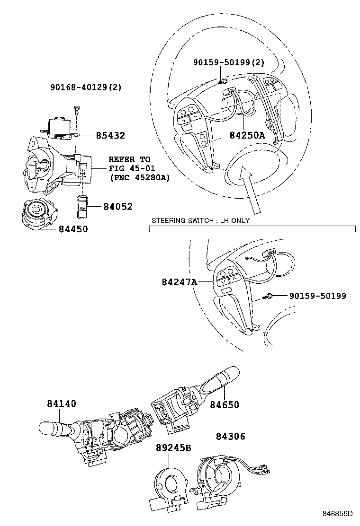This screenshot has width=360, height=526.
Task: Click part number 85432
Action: tap(110, 136)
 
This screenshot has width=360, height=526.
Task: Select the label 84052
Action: tap(118, 207)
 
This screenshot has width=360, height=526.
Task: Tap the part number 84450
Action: tap(73, 229)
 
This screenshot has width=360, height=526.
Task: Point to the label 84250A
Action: tap(247, 136)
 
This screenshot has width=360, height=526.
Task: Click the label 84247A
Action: tap(179, 282)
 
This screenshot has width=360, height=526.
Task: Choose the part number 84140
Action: tap(62, 403)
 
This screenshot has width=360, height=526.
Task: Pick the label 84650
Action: tap(225, 404)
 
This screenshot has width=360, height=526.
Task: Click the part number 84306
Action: tap(231, 437)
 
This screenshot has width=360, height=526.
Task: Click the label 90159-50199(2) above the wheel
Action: tap(229, 62)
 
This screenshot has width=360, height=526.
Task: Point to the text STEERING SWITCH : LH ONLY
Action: tap(200, 221)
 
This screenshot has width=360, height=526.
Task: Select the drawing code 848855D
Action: tap(338, 514)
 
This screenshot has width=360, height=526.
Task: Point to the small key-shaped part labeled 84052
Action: tap(82, 205)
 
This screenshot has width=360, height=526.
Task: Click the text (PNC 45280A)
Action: tap(139, 178)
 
